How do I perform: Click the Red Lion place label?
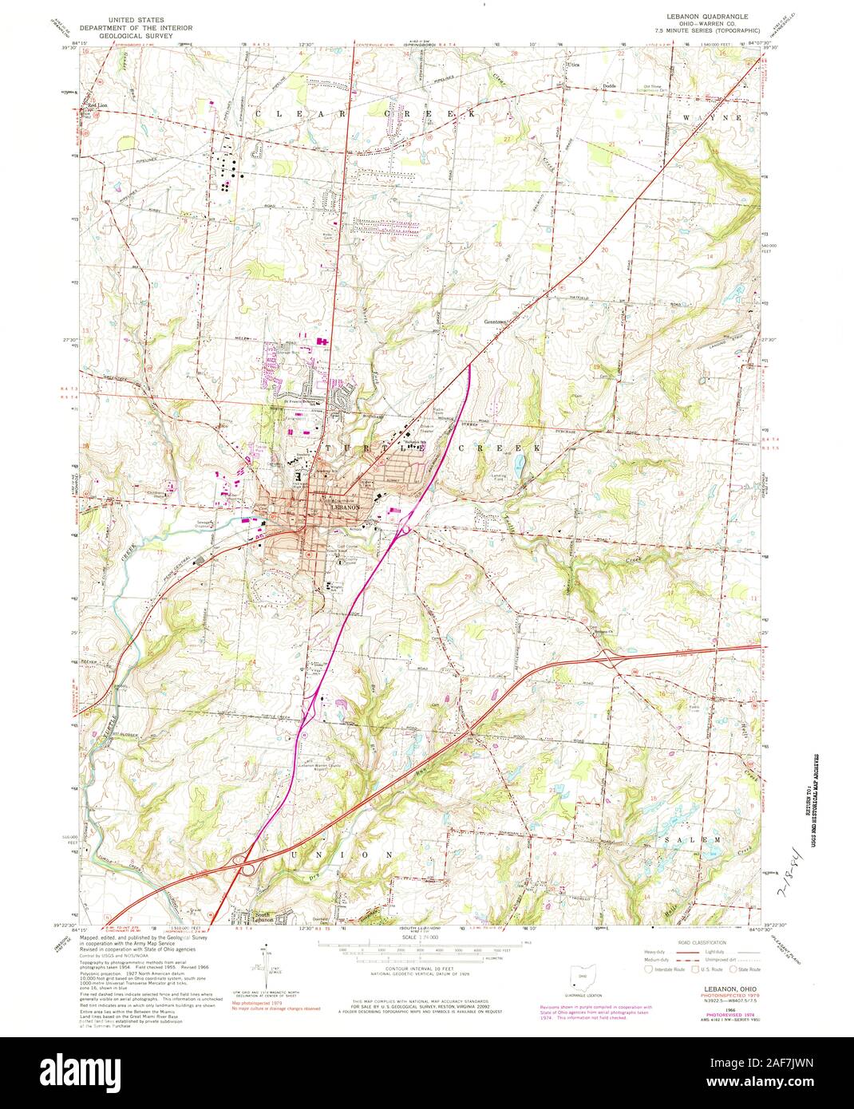(97, 105)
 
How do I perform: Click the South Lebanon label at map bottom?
(264, 917)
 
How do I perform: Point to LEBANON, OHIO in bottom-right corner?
(706, 988)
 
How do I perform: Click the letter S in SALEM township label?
(667, 839)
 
